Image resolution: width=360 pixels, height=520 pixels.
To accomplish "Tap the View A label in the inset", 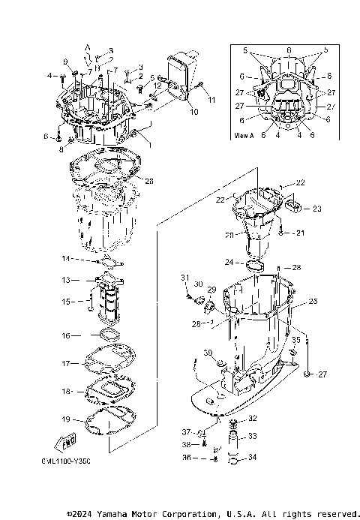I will coord(245,136).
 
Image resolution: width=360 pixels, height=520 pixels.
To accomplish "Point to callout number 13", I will coord(66,280).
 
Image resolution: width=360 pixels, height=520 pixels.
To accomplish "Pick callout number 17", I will coord(66,363).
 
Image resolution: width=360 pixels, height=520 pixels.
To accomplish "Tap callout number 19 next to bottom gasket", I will coord(66,419).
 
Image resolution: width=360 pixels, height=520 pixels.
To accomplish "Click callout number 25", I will coord(313,300).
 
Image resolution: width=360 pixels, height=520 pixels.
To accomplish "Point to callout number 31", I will coord(184,278).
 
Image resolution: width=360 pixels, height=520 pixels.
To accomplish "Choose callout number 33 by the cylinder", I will coord(252,436).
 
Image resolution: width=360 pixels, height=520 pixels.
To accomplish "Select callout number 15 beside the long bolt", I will coord(66,302).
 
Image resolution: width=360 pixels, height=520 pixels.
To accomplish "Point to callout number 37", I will coord(184,432).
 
